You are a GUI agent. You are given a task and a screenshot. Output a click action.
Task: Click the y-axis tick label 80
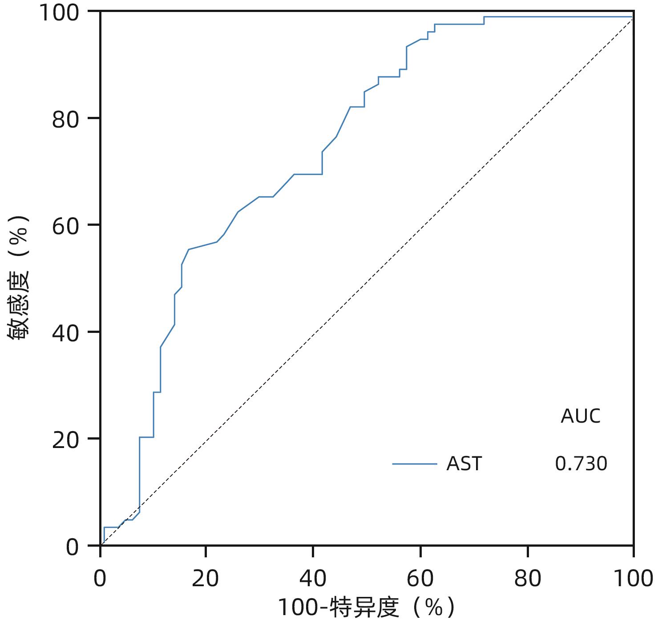click(66, 119)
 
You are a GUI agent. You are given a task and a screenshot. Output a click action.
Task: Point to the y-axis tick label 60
click(66, 226)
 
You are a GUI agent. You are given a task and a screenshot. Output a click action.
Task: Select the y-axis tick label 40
click(66, 333)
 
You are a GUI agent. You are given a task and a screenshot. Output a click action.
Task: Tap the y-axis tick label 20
click(66, 440)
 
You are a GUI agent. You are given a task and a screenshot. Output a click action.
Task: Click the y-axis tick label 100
click(60, 12)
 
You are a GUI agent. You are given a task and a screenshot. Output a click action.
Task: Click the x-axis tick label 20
click(206, 578)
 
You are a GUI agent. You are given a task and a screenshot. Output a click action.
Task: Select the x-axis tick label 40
click(313, 578)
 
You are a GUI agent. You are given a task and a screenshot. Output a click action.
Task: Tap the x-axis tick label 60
click(420, 578)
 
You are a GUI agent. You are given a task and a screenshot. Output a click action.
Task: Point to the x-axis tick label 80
click(527, 578)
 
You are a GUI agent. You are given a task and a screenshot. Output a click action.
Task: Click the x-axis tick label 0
click(100, 578)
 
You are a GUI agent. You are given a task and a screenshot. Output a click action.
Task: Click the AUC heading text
click(581, 416)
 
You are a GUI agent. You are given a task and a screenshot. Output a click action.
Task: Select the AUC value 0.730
click(581, 464)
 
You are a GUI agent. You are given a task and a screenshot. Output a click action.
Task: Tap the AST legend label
click(464, 464)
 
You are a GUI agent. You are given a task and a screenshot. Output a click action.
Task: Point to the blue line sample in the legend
click(415, 464)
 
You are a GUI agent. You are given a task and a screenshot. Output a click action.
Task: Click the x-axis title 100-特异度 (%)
click(367, 608)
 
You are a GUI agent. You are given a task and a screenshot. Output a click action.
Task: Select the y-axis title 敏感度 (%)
click(19, 278)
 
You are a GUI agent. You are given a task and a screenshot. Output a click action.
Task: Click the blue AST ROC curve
click(294, 175)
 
